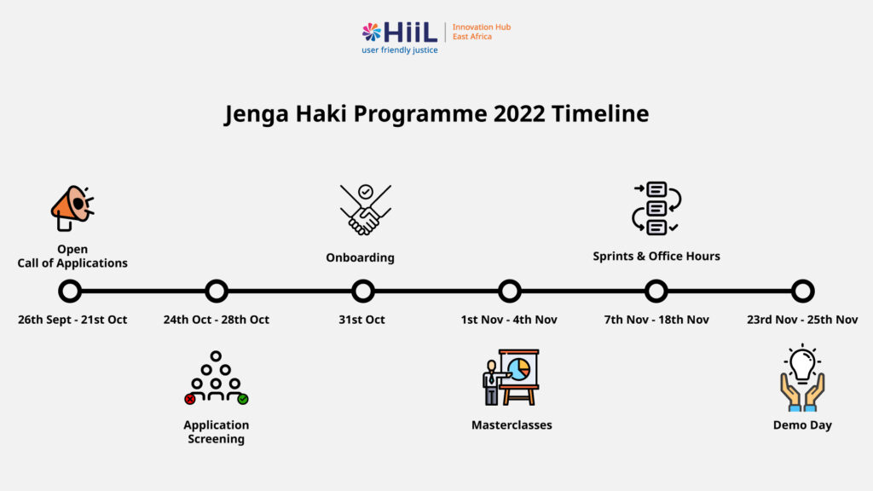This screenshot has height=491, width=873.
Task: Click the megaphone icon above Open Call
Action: coord(72,208)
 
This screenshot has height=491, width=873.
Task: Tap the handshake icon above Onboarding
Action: coord(365,210)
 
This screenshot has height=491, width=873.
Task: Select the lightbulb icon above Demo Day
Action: coord(802,378)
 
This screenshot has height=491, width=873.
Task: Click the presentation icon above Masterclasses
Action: coord(512,377)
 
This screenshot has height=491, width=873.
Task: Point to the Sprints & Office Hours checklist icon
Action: coord(656,208)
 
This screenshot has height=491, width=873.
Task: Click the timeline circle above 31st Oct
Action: coord(363,280)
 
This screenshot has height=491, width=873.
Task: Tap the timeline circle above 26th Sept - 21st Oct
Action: coord(70,280)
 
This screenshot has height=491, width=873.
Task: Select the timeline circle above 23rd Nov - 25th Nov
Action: coord(803,280)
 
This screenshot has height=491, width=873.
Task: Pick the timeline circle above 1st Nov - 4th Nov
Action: coord(510,280)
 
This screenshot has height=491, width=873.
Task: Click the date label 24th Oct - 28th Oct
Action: coord(216,320)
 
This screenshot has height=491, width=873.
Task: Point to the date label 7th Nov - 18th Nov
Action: coord(656,320)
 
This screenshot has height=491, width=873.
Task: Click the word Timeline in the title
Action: coord(600,113)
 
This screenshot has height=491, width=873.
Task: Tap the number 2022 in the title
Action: coord(519,113)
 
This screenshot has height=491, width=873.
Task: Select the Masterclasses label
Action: coord(512,425)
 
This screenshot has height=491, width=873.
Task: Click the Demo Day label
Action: coord(802,425)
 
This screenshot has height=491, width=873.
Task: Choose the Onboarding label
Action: coord(361,257)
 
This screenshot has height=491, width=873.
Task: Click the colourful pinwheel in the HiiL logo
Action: coord(372,32)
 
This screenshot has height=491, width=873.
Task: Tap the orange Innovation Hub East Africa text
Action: coord(482,32)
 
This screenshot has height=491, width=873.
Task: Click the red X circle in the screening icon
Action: coord(190,399)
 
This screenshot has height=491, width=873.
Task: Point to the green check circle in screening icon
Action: coord(243,399)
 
